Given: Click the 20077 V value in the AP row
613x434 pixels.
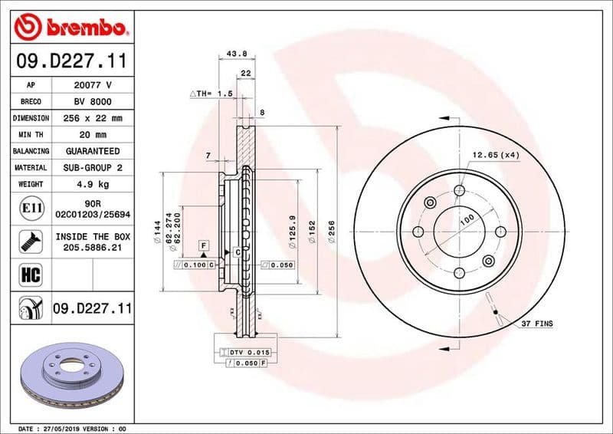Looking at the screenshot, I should tap(93, 85).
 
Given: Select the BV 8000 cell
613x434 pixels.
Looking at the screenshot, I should tap(93, 101).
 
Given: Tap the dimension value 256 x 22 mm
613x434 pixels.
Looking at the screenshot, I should tap(93, 118).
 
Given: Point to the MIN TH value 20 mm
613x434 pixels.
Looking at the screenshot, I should tap(93, 134).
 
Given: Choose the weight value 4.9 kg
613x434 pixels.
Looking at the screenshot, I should tap(93, 184).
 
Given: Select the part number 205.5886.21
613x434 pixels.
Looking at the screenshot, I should tap(93, 248).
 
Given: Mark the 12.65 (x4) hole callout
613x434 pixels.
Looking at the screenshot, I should tap(496, 155).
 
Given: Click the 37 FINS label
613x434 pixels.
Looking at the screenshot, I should tap(536, 324).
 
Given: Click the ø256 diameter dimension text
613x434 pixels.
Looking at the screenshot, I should tap(331, 230).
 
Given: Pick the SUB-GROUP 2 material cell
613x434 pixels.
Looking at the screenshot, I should tap(93, 167).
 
